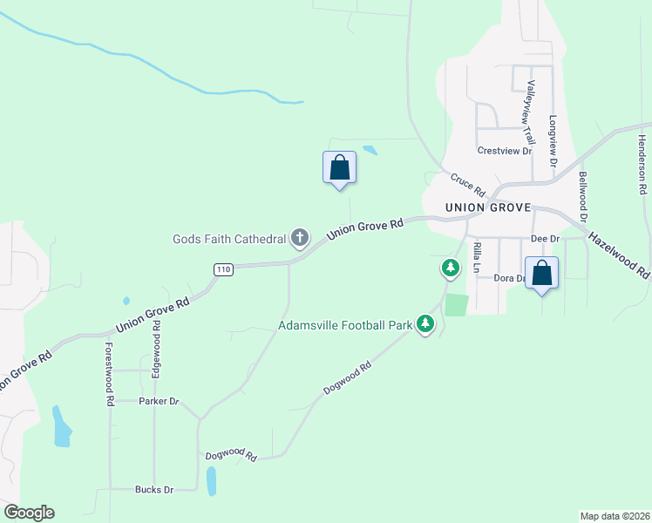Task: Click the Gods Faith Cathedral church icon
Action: (x=300, y=237)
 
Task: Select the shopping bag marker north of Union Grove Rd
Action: (x=339, y=167)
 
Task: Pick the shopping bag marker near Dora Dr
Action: (x=541, y=273)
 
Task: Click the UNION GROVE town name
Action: (x=488, y=208)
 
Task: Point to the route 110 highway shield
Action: (x=224, y=270)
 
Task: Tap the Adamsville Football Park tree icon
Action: (x=425, y=324)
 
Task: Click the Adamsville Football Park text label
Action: (x=344, y=326)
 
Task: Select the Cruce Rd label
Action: (x=467, y=184)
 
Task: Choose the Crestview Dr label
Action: (x=504, y=151)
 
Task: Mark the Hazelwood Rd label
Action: (x=619, y=255)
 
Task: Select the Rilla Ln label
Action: (x=477, y=259)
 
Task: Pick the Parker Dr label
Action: (x=159, y=401)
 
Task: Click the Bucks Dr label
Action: (x=154, y=490)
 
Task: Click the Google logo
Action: (x=29, y=513)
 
